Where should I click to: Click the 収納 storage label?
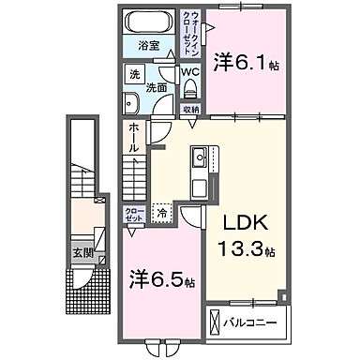190,110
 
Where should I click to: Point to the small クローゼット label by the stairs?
135,215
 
